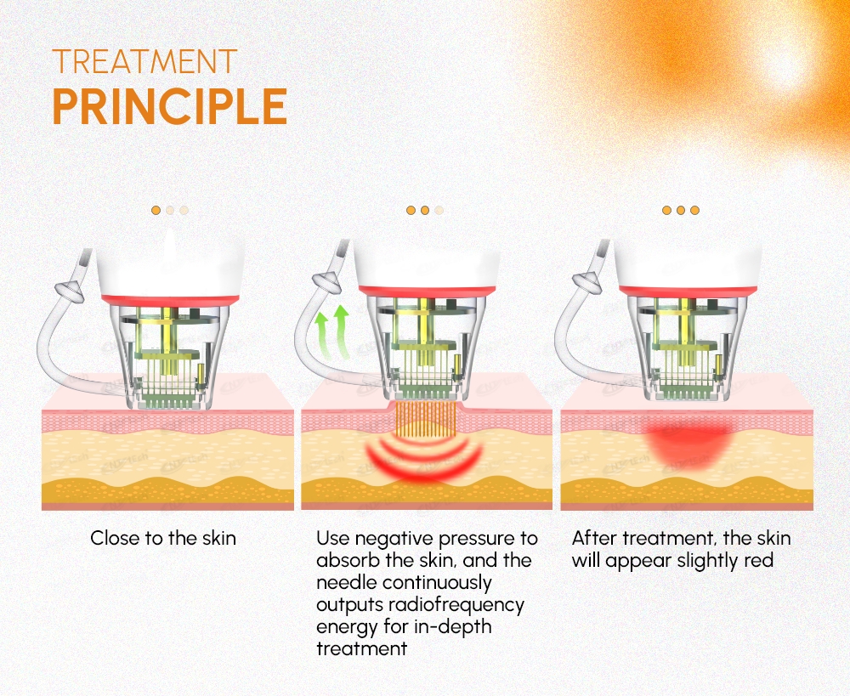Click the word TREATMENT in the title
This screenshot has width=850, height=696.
click(x=144, y=61)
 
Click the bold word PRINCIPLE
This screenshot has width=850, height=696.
click(x=170, y=106)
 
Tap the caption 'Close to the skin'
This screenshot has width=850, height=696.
click(x=163, y=538)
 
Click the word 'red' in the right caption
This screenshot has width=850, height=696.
click(x=758, y=561)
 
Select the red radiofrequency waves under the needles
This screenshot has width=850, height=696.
click(x=424, y=459)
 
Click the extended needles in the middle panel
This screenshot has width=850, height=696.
click(x=425, y=419)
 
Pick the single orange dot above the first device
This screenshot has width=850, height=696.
click(x=156, y=210)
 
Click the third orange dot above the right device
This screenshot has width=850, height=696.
click(x=695, y=210)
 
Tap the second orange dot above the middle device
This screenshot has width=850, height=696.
click(x=425, y=210)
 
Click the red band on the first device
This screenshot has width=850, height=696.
click(x=170, y=300)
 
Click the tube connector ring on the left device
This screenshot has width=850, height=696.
click(x=69, y=291)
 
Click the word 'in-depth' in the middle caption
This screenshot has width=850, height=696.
click(x=453, y=627)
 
